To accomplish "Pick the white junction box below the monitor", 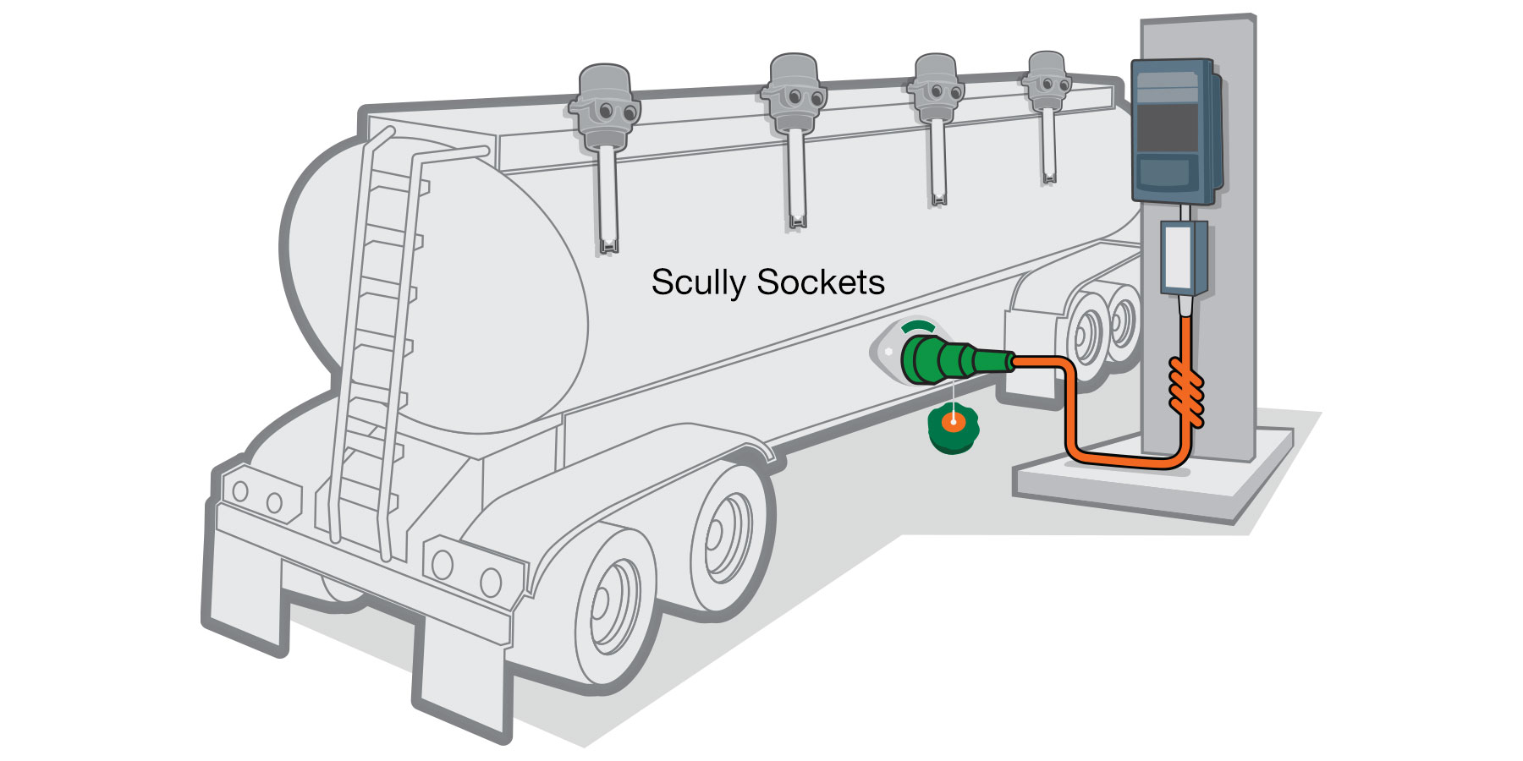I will [1181, 258].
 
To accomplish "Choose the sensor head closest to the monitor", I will [1047, 80].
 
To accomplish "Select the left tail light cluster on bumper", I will [259, 498].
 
